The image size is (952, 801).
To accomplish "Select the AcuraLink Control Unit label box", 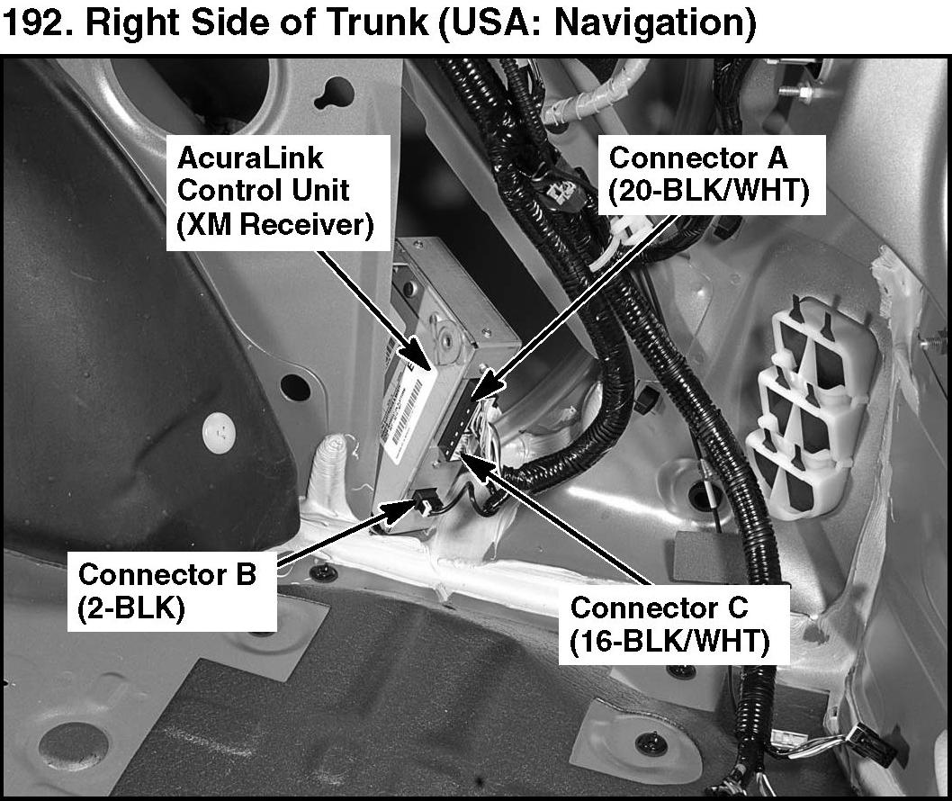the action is pos(278,192).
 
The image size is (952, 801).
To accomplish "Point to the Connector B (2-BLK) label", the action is pos(172,591).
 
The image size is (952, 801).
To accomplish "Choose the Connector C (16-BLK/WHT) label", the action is pos(673,625).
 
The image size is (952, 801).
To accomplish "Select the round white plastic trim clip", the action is pos(220,432).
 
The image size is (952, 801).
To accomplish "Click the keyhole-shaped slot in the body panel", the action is pos(336,94).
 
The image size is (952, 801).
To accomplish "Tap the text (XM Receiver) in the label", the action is pos(275,225).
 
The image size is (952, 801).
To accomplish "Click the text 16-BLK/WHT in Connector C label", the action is pos(669,642).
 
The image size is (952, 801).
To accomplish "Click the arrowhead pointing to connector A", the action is pos(489,386).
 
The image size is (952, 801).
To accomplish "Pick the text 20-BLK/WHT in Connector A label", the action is pos(709,192).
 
